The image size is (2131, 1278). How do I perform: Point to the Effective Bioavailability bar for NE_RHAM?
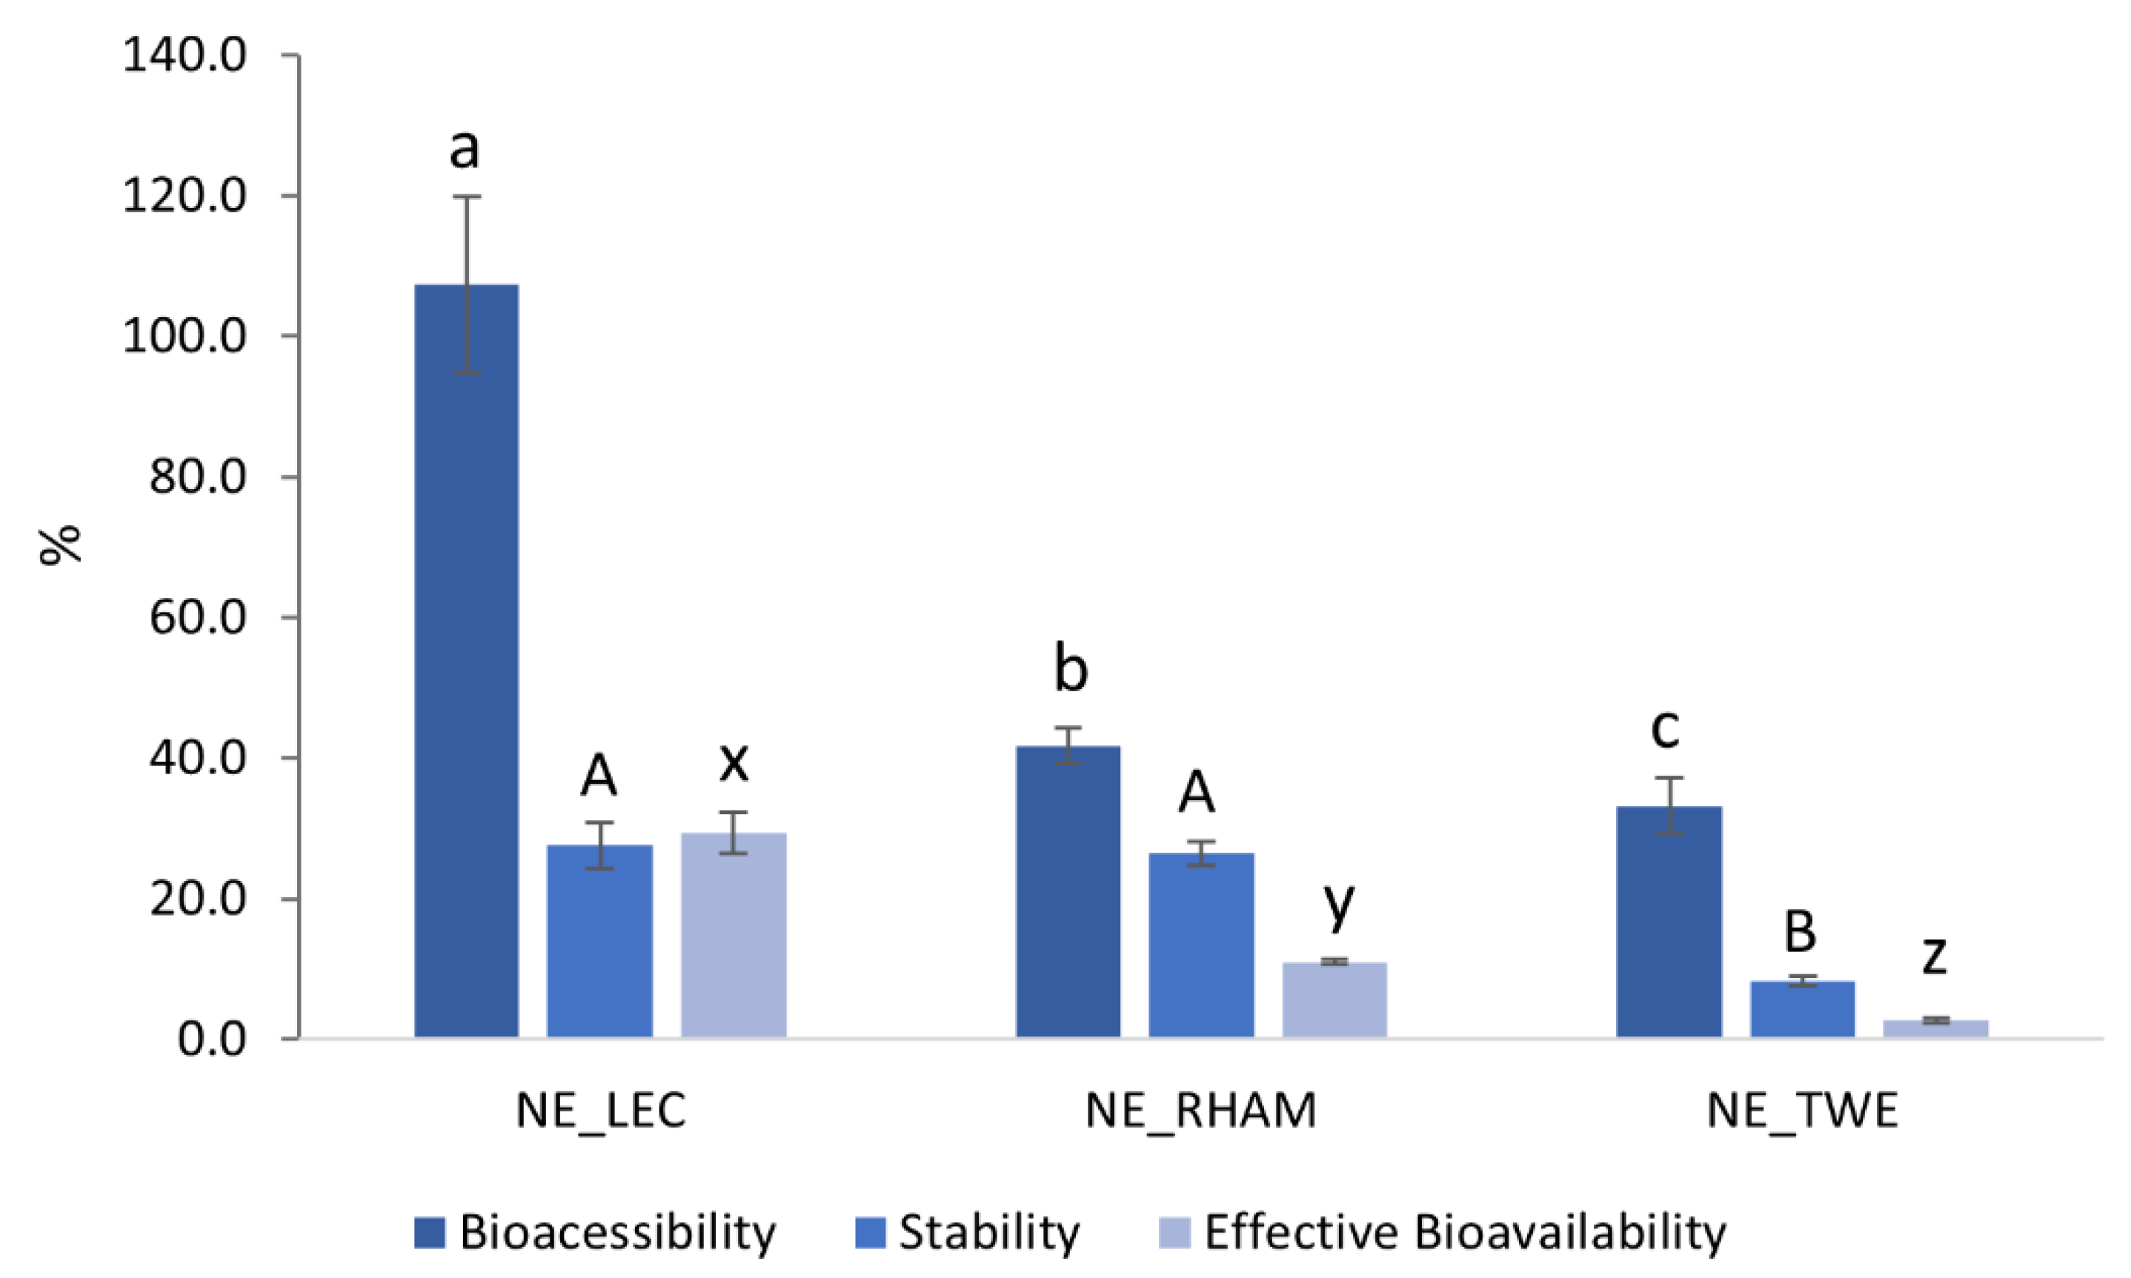(1334, 1000)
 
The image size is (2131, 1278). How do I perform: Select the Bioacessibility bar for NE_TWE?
(1669, 922)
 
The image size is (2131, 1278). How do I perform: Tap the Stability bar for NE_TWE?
(1802, 1009)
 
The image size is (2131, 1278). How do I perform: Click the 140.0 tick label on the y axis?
(184, 57)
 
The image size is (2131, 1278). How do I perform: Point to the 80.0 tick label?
(198, 477)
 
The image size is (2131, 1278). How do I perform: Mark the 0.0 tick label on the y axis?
(212, 1039)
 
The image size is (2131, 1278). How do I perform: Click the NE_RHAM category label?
(1201, 1111)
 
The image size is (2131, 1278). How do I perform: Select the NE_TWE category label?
(1802, 1111)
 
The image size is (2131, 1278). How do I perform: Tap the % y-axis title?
(60, 545)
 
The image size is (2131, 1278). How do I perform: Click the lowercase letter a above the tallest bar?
(465, 149)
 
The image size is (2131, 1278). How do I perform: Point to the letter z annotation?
(1935, 955)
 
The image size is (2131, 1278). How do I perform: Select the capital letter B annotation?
(1801, 932)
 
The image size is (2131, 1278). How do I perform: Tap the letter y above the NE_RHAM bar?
(1339, 905)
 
